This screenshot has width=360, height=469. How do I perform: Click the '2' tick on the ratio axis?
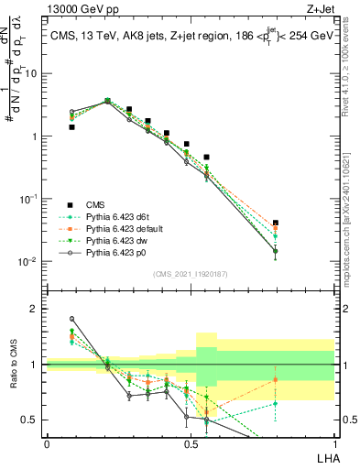click(35, 310)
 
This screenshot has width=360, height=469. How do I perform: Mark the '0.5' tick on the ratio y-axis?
click(31, 420)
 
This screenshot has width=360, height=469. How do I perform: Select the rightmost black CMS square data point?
click(276, 223)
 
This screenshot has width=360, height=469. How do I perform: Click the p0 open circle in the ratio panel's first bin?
click(72, 319)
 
